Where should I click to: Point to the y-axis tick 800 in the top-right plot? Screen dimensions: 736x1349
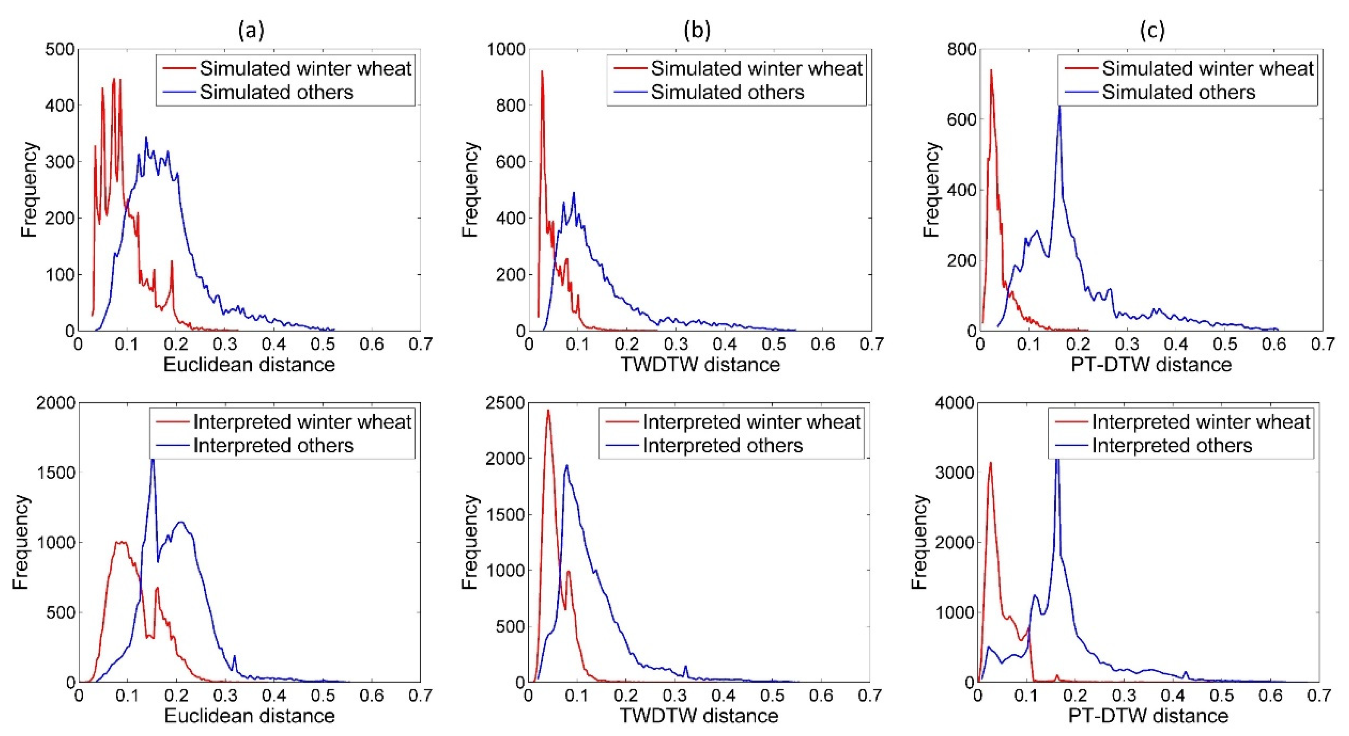click(x=962, y=50)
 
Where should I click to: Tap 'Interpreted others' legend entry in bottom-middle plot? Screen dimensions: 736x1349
click(x=722, y=445)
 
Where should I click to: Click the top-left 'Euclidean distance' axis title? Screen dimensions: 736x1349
click(x=249, y=364)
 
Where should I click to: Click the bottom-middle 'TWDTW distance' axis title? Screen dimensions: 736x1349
click(x=699, y=716)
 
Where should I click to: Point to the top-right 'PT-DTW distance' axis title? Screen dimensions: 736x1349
click(x=1151, y=364)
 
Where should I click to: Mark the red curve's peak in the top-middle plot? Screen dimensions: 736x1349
click(x=542, y=71)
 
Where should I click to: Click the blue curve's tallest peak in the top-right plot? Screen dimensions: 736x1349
click(x=1059, y=106)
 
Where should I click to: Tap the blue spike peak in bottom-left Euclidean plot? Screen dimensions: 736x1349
click(x=152, y=459)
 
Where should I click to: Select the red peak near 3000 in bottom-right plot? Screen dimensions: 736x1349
click(x=990, y=463)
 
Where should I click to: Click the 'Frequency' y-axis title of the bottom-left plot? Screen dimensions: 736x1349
click(x=21, y=542)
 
